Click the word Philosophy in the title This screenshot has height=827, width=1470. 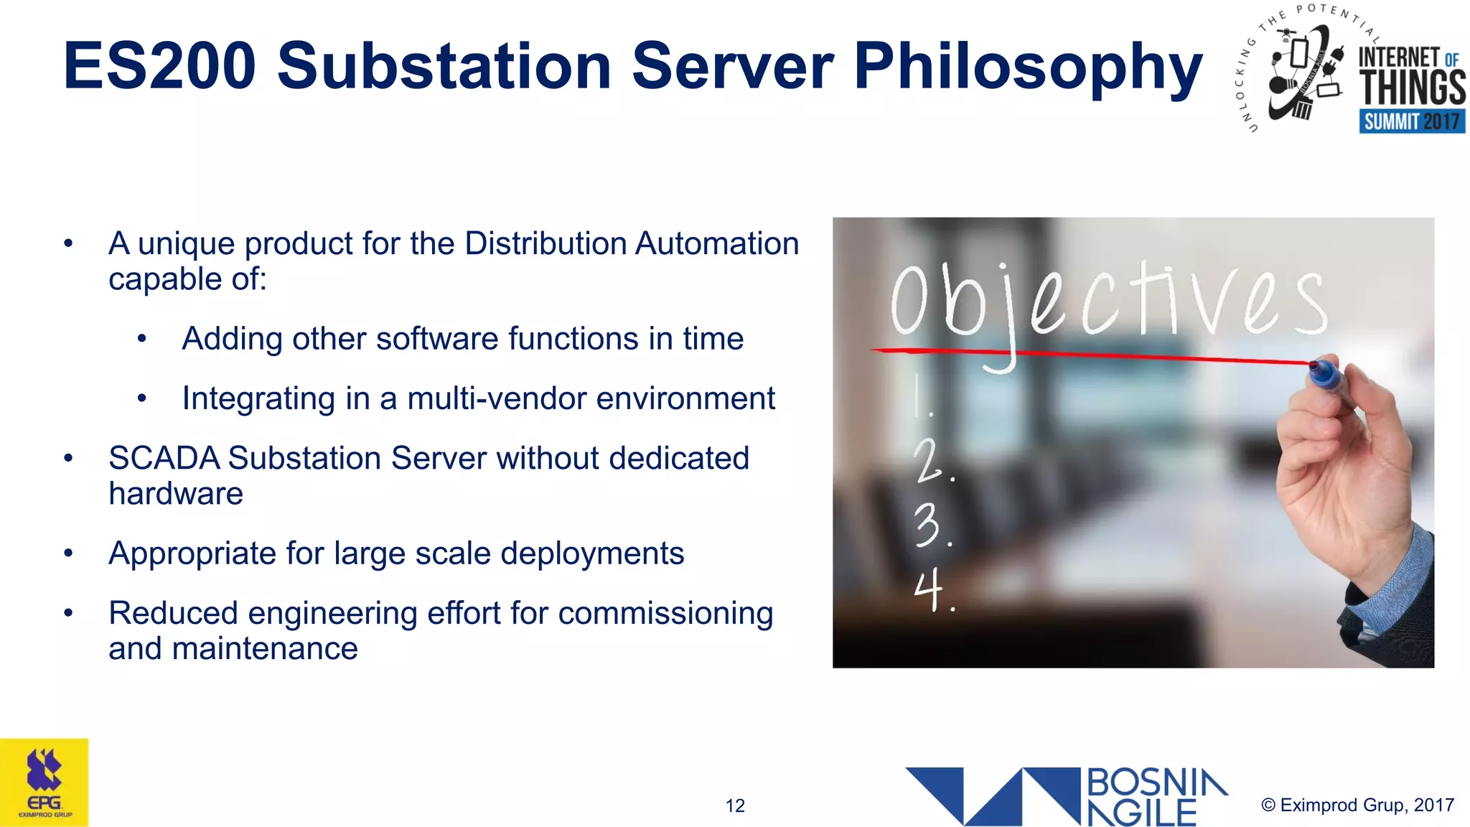tap(1028, 67)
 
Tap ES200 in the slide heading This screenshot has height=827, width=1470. tap(159, 67)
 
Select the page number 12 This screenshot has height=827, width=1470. tap(735, 805)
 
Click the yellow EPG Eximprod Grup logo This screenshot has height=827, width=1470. tap(45, 782)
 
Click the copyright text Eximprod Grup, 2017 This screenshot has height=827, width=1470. tap(1358, 805)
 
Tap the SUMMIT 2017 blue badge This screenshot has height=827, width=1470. tap(1411, 121)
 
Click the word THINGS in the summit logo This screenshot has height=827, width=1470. tap(1412, 88)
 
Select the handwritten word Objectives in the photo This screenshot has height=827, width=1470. tap(1109, 302)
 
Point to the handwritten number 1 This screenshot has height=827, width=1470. tap(921, 397)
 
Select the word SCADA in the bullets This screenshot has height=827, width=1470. tap(164, 458)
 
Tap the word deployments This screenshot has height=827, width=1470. tap(591, 553)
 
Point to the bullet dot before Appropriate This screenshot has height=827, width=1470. tap(68, 553)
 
